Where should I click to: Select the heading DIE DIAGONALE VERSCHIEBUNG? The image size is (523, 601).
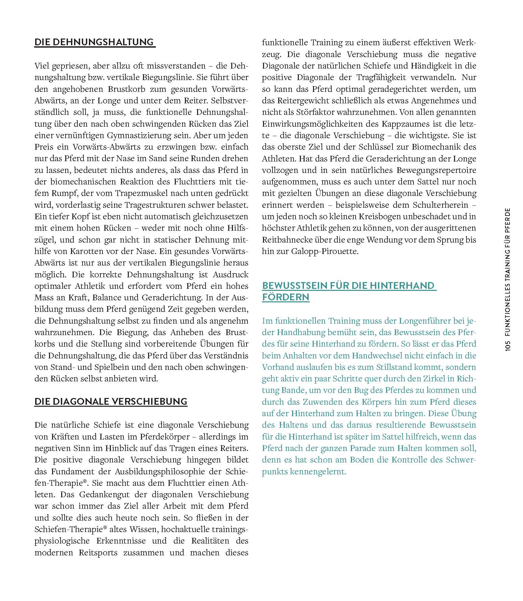pyautogui.click(x=111, y=401)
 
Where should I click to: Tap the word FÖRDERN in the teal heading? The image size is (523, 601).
pyautogui.click(x=285, y=297)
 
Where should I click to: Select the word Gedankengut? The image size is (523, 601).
pyautogui.click(x=101, y=495)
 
